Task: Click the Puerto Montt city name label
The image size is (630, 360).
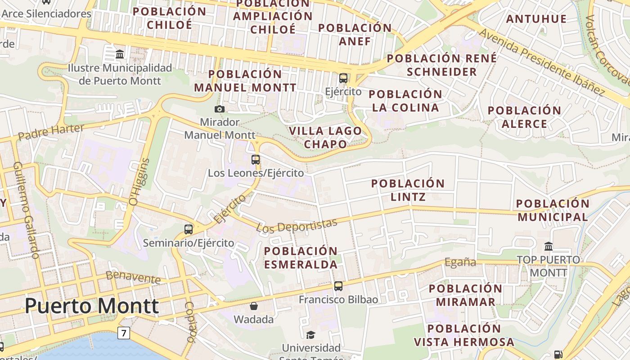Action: point(92,306)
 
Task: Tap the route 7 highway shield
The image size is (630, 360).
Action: point(124,333)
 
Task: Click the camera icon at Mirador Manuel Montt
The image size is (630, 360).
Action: point(220,109)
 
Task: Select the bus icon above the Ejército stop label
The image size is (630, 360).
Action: point(343,78)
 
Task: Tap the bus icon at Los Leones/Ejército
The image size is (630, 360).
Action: point(256,159)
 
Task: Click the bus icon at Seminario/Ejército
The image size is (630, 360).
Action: point(189,229)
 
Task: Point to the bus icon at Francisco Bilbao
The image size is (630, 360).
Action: point(338,286)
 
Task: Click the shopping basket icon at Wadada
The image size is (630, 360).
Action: point(254,306)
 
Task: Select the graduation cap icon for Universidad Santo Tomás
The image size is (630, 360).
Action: point(310,334)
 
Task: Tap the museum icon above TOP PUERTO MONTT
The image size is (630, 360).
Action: point(549,246)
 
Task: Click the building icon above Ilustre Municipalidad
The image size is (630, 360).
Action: point(120,54)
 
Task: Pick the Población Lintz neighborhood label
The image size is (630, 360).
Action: point(408,190)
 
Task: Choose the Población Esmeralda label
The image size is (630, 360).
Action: point(301,257)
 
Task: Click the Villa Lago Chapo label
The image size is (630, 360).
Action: point(325,137)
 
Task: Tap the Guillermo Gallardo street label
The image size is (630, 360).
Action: point(26,210)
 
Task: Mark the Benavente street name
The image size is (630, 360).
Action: point(133,277)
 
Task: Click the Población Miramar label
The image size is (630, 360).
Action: point(465,295)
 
